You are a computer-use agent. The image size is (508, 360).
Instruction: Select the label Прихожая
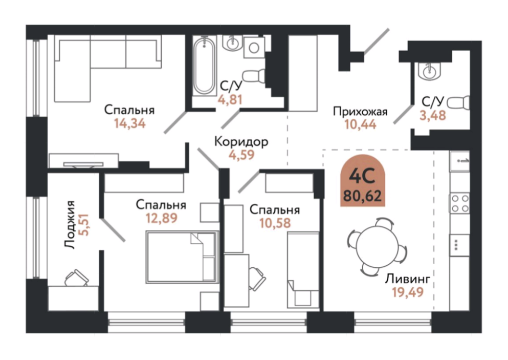click(360, 111)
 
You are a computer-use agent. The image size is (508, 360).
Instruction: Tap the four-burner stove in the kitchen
click(459, 203)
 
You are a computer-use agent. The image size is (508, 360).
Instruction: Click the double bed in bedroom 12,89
click(182, 256)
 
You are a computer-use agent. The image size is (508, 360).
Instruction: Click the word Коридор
click(241, 140)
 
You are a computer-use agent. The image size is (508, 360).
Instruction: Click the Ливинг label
click(406, 280)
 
